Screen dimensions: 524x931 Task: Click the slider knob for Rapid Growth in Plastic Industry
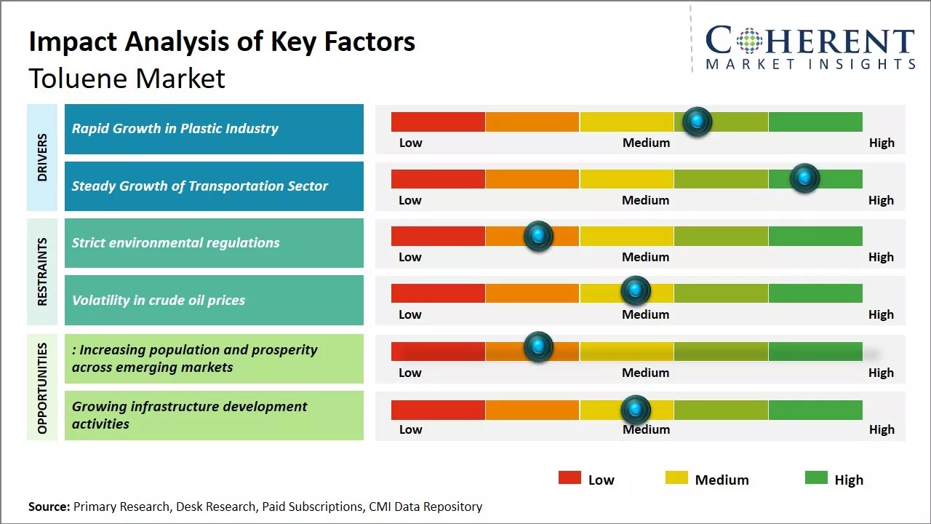pyautogui.click(x=698, y=122)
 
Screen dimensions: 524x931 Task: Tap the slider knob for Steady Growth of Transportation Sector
pyautogui.click(x=804, y=178)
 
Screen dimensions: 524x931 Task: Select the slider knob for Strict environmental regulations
pyautogui.click(x=538, y=236)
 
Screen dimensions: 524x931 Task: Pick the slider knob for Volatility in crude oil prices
pyautogui.click(x=636, y=291)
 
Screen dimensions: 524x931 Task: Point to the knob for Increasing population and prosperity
pyautogui.click(x=538, y=347)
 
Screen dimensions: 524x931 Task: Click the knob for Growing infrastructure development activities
pyautogui.click(x=636, y=410)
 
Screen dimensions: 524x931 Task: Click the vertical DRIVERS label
pyautogui.click(x=42, y=157)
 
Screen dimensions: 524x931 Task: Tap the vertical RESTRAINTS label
pyautogui.click(x=42, y=271)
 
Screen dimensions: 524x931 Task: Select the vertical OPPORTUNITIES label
pyautogui.click(x=42, y=388)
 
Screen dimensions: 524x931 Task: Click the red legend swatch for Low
pyautogui.click(x=570, y=477)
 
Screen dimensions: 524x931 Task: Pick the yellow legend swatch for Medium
pyautogui.click(x=676, y=477)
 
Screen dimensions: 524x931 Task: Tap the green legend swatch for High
pyautogui.click(x=816, y=477)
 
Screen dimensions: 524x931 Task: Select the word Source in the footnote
pyautogui.click(x=49, y=507)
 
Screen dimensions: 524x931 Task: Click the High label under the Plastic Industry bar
pyautogui.click(x=882, y=143)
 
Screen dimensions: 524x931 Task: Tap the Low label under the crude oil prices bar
pyautogui.click(x=410, y=314)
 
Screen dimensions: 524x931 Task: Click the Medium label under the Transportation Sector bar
pyautogui.click(x=646, y=200)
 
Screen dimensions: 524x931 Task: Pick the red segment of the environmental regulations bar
pyautogui.click(x=438, y=236)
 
